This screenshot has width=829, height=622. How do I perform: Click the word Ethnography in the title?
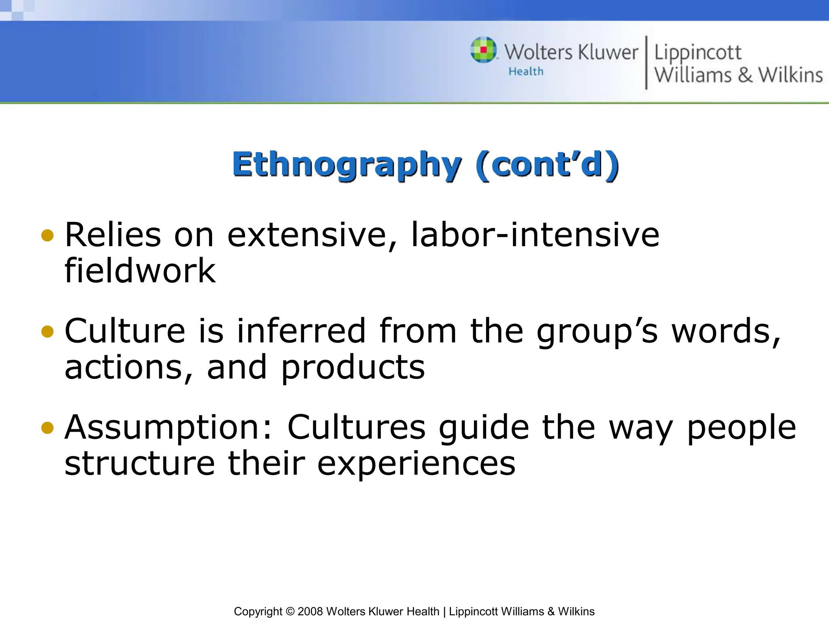pos(346,165)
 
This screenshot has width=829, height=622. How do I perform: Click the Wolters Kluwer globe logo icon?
pos(483,50)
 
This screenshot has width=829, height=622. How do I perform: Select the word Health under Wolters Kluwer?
pos(526,72)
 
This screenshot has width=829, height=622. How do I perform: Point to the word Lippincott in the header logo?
pos(698,53)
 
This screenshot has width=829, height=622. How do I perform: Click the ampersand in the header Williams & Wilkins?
pos(745,75)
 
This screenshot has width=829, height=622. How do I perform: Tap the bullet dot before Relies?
pos(47,235)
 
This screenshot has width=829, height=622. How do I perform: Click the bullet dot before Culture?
pos(47,332)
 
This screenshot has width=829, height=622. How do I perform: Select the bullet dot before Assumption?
pos(47,428)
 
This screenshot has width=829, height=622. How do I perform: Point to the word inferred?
pos(302,331)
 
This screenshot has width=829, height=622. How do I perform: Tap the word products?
pos(353,367)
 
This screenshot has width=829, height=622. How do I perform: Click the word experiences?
pos(416,463)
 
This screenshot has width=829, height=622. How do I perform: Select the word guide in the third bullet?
pos(484,428)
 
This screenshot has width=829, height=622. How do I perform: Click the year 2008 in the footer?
pos(310,611)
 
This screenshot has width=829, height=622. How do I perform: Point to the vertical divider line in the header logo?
pos(646,62)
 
